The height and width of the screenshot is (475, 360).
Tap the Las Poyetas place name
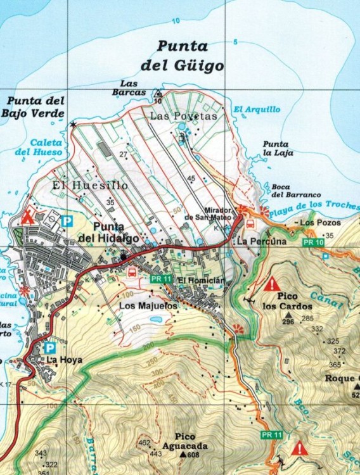183,117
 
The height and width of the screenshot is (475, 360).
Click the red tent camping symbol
27,217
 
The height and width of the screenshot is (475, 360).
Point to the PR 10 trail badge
310,243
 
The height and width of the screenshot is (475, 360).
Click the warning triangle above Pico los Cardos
273,283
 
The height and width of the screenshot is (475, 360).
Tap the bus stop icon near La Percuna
250,224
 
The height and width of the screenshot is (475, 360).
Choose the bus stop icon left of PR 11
132,272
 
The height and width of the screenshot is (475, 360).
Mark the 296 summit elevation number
288,322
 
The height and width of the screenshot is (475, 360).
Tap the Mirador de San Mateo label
205,214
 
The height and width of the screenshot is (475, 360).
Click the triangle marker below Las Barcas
158,94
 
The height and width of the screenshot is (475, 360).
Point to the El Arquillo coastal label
257,110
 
